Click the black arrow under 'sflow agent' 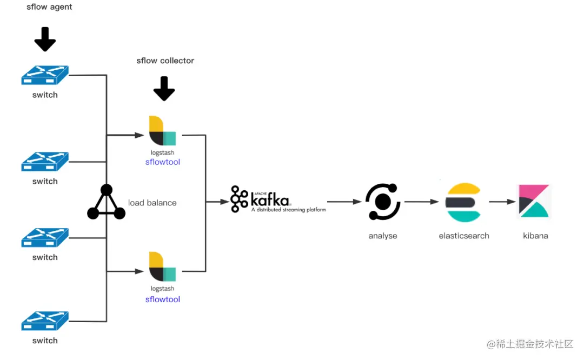45,39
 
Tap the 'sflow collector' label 165,61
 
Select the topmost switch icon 45,75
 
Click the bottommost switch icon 45,321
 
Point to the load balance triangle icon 107,203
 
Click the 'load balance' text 152,203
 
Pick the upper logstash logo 162,131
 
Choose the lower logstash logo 162,266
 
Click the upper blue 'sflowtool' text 162,162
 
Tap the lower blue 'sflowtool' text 162,299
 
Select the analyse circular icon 383,202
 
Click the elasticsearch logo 463,203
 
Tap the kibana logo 534,202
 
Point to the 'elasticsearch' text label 464,236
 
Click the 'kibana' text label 535,236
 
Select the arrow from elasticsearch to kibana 502,202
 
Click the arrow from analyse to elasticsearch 421,202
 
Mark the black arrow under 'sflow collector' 164,89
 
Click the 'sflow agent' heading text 49,7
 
